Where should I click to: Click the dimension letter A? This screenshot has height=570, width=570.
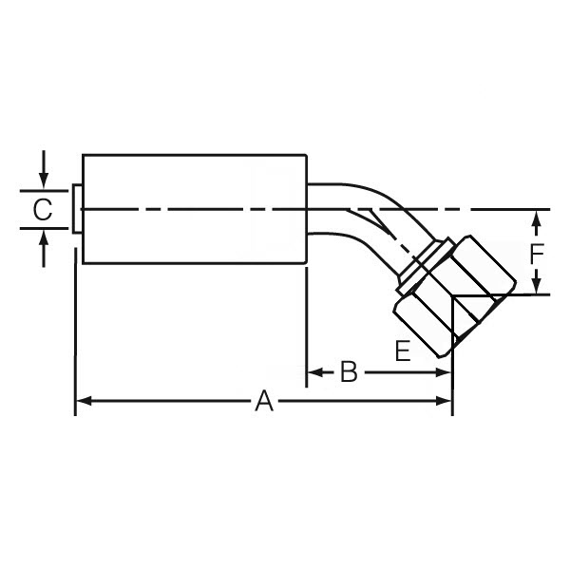coord(264,403)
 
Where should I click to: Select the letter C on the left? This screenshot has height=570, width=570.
coord(43,210)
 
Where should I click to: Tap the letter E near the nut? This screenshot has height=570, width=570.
coord(403,351)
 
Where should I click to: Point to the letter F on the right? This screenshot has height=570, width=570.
coord(537,254)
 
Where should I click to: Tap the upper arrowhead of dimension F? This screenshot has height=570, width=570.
coord(537,218)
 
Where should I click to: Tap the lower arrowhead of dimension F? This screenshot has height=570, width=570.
coord(537,287)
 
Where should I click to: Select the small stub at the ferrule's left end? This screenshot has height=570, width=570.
coord(76,208)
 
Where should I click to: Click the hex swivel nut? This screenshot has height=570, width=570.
coord(465,285)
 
